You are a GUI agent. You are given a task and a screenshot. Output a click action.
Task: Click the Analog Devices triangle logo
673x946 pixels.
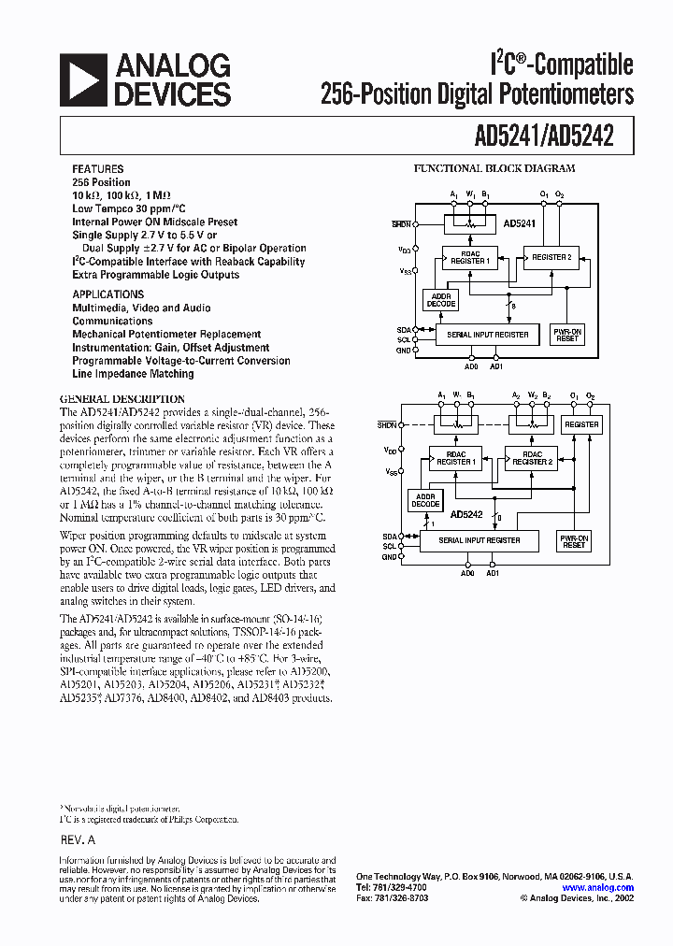click(x=80, y=79)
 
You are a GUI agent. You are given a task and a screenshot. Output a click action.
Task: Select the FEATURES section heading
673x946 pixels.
click(x=97, y=169)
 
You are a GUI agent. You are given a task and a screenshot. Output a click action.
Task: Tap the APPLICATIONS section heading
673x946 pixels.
click(x=108, y=294)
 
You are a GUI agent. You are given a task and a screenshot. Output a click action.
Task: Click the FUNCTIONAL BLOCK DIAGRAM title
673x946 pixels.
click(x=494, y=169)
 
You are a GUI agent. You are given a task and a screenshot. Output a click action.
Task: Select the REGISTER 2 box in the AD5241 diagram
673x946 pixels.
click(x=551, y=257)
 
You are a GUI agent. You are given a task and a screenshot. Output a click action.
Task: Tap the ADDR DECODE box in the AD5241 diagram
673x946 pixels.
click(x=440, y=299)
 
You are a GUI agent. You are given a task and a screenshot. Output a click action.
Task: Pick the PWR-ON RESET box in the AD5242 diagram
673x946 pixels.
click(x=573, y=540)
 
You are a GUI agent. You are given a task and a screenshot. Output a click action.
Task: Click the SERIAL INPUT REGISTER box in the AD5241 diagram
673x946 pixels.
click(x=487, y=334)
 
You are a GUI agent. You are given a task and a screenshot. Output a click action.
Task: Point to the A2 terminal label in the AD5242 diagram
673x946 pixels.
click(x=517, y=395)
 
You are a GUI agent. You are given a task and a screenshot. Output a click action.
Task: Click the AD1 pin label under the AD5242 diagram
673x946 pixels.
click(x=493, y=573)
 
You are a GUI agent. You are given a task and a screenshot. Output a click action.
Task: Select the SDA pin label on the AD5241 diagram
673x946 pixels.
click(x=403, y=330)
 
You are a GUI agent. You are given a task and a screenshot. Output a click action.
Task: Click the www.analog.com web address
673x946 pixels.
click(x=598, y=888)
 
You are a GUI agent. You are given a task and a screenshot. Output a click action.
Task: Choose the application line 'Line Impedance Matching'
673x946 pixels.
click(x=134, y=373)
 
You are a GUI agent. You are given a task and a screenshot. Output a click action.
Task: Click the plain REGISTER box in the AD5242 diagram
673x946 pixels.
click(x=581, y=424)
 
